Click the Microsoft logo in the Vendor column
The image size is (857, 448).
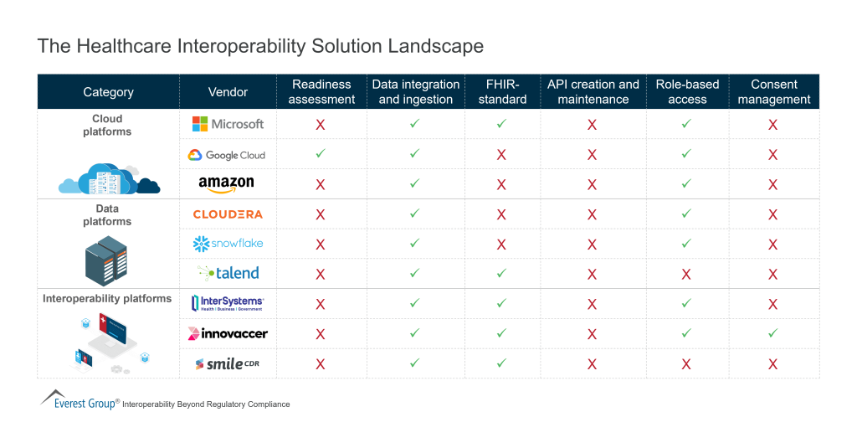pyautogui.click(x=228, y=124)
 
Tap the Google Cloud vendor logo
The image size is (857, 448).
pyautogui.click(x=227, y=155)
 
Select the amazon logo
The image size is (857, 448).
pyautogui.click(x=226, y=184)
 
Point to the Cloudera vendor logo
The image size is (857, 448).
pyautogui.click(x=228, y=214)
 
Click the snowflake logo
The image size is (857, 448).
pyautogui.click(x=227, y=244)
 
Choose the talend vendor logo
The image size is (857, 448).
pyautogui.click(x=228, y=273)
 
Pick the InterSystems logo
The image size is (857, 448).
pyautogui.click(x=227, y=303)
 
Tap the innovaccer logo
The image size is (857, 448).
pyautogui.click(x=228, y=333)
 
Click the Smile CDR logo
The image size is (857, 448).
pyautogui.click(x=227, y=363)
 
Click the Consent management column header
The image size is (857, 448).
pyautogui.click(x=773, y=92)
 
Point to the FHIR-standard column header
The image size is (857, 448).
pyautogui.click(x=501, y=92)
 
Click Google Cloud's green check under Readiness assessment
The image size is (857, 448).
pyautogui.click(x=320, y=154)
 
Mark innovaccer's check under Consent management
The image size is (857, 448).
pyautogui.click(x=772, y=332)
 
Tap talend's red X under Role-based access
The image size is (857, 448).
pyautogui.click(x=687, y=274)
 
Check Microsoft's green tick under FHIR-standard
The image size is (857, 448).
pyautogui.click(x=501, y=124)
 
